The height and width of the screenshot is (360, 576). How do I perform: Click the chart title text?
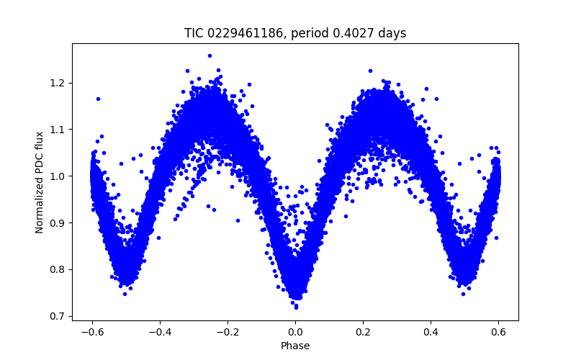pos(295,33)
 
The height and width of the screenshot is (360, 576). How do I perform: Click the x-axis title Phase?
pos(295,346)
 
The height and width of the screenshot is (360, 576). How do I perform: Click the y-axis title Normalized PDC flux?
pos(40,182)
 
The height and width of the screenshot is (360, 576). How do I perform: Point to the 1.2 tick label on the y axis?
pos(58,83)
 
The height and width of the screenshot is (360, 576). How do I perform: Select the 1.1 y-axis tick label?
pos(58,130)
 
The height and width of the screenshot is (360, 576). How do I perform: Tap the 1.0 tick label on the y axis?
pos(58,176)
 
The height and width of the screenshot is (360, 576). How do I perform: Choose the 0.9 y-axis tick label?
pos(58,223)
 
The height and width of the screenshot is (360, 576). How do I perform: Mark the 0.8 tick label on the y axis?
pos(58,270)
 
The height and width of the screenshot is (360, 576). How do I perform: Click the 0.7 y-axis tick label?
pos(58,316)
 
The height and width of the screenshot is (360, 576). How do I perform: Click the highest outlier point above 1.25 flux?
pos(210,55)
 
